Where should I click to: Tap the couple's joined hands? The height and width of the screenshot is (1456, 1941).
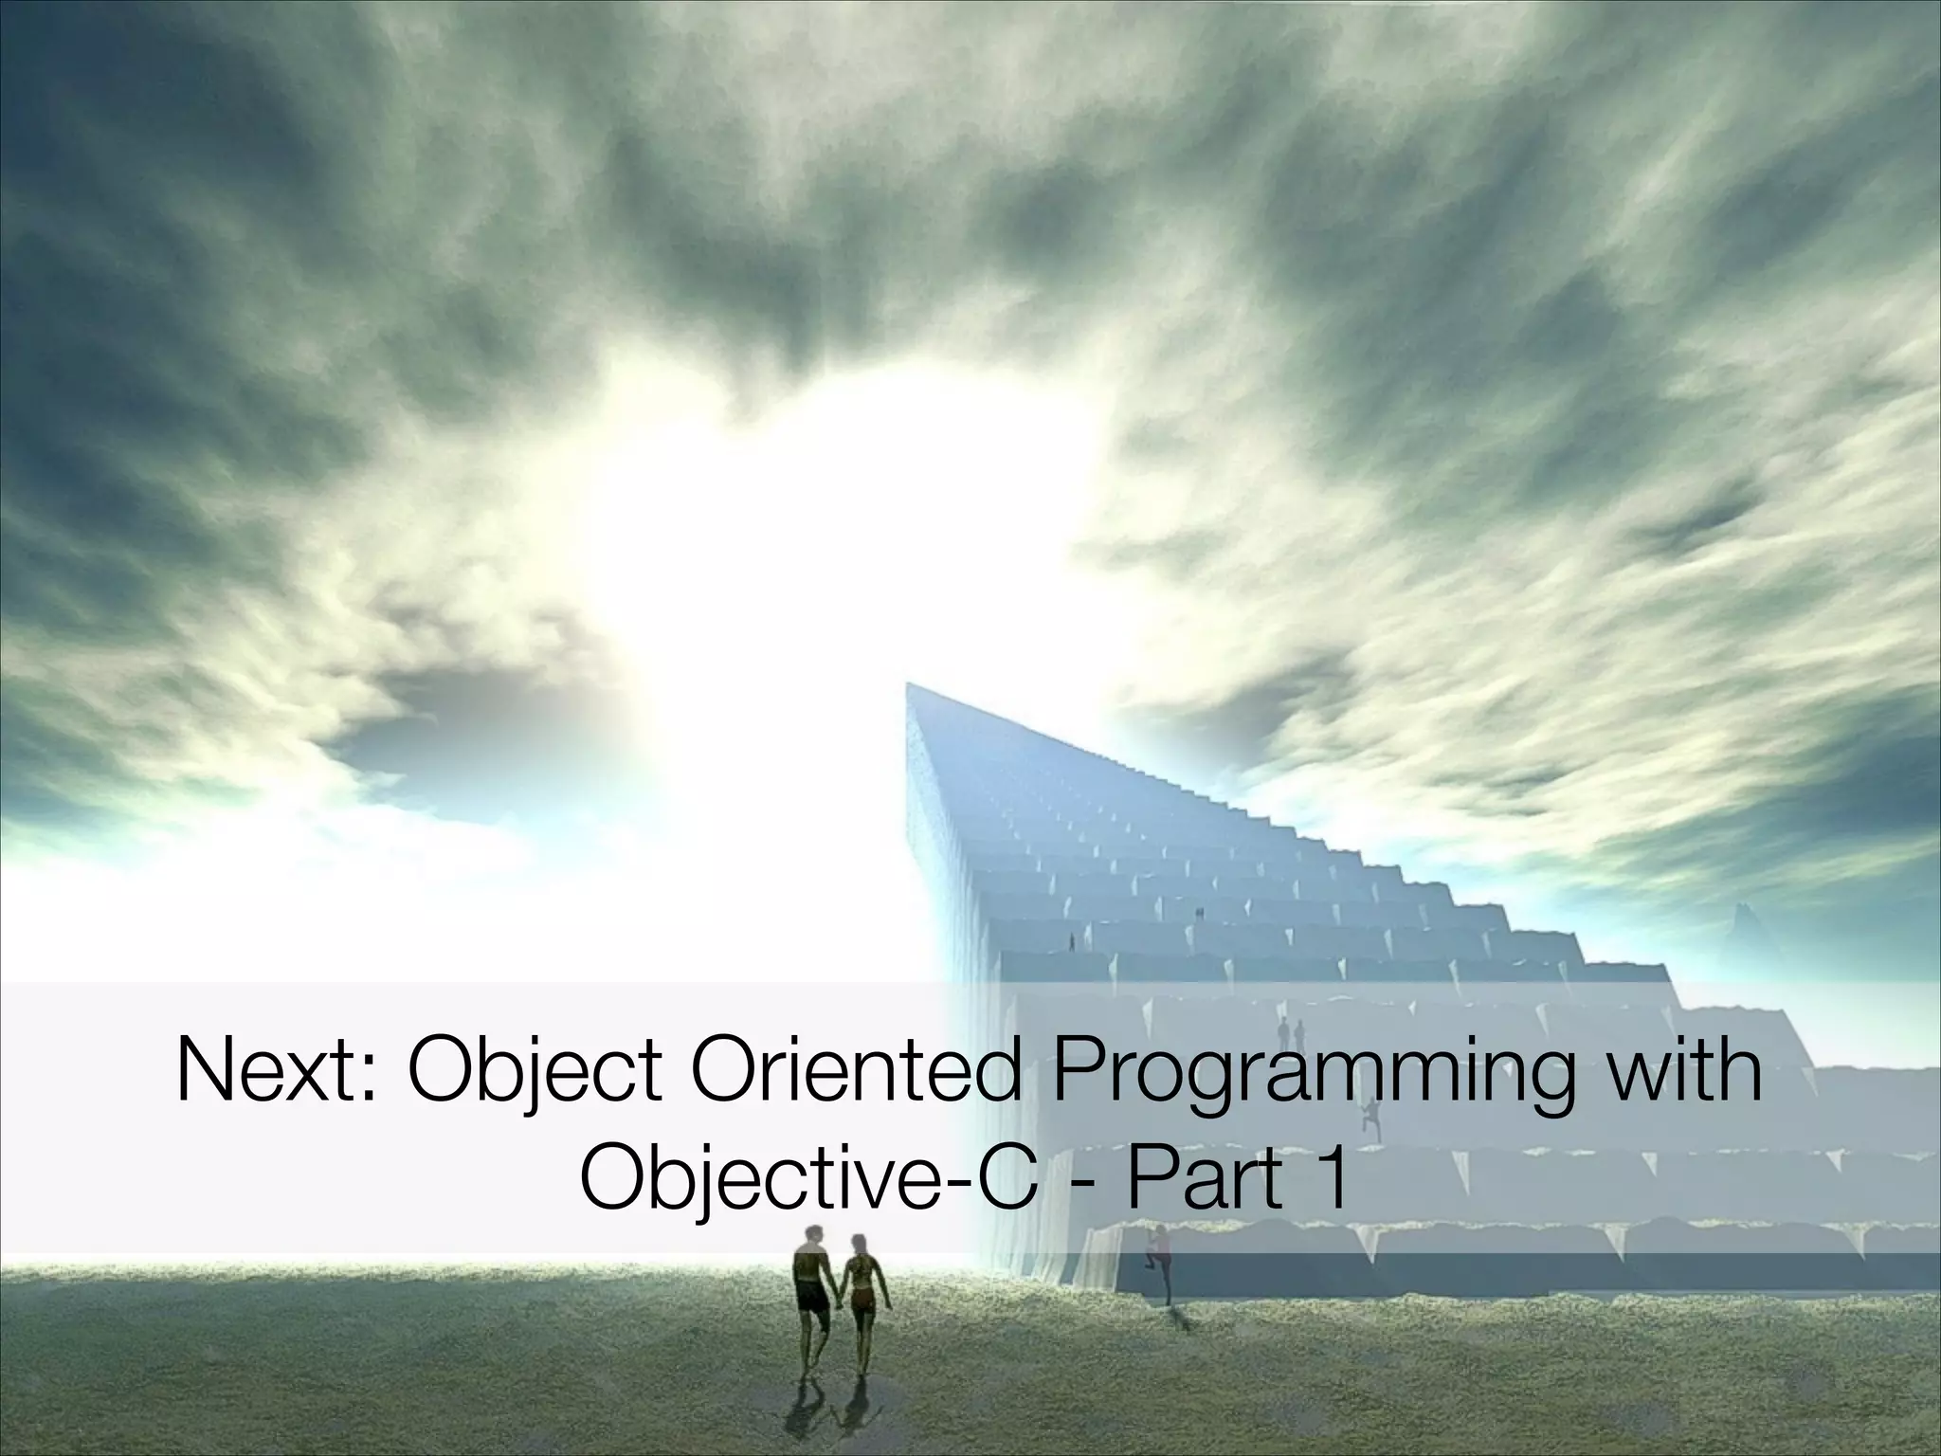838,1303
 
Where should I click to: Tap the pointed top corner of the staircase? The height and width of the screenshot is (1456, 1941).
908,683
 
